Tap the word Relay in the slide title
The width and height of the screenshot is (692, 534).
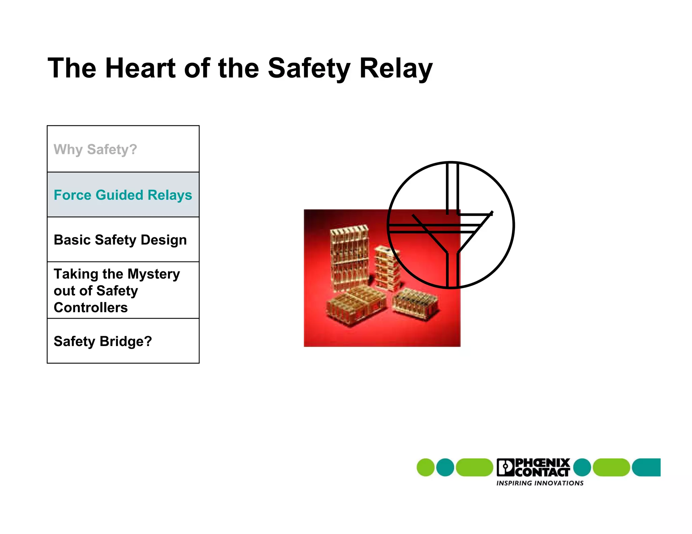(x=396, y=69)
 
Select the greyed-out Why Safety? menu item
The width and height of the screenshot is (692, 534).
(x=95, y=149)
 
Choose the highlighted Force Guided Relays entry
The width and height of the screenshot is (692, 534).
(x=123, y=195)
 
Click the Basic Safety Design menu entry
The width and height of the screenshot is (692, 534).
(x=120, y=240)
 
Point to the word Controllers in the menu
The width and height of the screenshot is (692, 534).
(x=91, y=308)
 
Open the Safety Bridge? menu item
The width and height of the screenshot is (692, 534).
(x=103, y=341)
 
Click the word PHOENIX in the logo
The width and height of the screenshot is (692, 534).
(x=543, y=462)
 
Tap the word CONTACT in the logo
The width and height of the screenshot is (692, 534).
(x=543, y=472)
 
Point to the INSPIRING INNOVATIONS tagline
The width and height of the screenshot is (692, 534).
(x=540, y=483)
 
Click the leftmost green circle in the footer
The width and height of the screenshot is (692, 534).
(x=425, y=468)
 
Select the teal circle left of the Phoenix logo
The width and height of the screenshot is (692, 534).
(x=445, y=468)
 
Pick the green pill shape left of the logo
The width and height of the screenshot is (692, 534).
(x=474, y=468)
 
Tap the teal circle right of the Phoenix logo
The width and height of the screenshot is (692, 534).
(x=582, y=468)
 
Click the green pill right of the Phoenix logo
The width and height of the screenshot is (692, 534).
(x=611, y=468)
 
